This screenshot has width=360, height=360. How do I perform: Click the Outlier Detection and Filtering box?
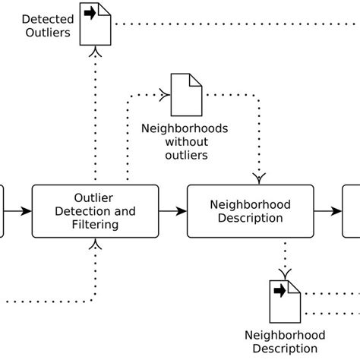(95, 210)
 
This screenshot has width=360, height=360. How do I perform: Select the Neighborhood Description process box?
(250, 210)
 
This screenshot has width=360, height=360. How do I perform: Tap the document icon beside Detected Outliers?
(95, 24)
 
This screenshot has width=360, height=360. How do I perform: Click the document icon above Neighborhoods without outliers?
(185, 94)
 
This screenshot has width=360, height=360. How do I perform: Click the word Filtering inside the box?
(95, 225)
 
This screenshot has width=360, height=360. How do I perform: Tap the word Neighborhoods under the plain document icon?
(185, 128)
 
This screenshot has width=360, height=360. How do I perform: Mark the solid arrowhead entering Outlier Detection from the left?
(26, 210)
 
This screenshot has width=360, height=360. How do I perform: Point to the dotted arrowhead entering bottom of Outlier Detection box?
(96, 244)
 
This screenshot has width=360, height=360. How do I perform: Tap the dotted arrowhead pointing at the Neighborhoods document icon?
(164, 95)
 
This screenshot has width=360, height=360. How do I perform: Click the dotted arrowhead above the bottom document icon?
(286, 272)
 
